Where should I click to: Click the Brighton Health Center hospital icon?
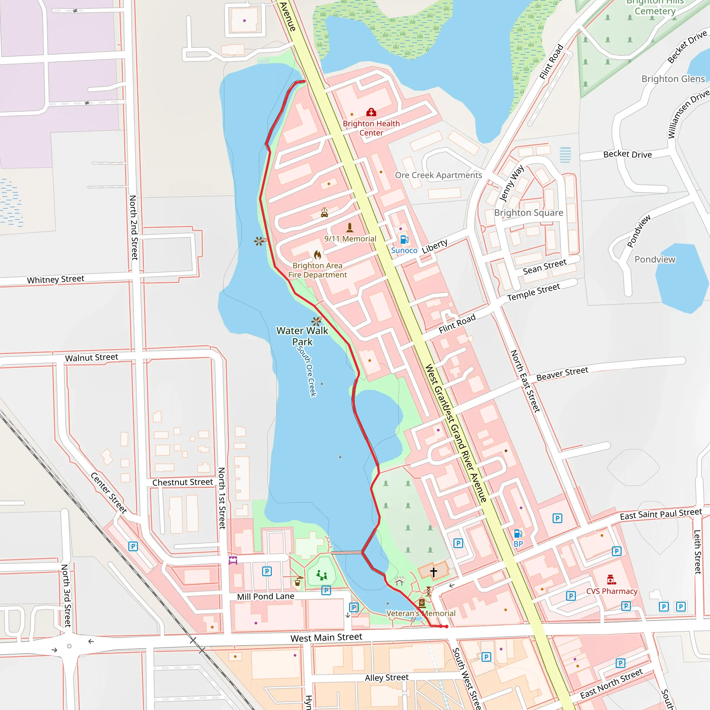(x=371, y=112)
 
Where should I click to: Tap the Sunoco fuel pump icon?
(x=404, y=240)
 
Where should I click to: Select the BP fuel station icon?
(x=518, y=534)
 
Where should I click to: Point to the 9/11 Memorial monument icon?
(x=350, y=228)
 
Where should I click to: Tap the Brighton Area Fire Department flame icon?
(x=318, y=255)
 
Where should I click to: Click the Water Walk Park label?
(x=302, y=336)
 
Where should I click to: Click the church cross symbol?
(x=434, y=572)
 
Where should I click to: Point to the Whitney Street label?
(x=55, y=279)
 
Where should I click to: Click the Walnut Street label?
(x=92, y=357)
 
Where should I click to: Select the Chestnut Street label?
(x=183, y=482)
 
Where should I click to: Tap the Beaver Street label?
(x=562, y=374)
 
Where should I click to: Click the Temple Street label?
(x=534, y=292)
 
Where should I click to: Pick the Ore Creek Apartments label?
(x=439, y=175)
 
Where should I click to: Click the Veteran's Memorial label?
(x=421, y=613)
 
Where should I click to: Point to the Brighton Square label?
(x=528, y=213)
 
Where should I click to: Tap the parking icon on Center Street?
(x=133, y=546)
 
